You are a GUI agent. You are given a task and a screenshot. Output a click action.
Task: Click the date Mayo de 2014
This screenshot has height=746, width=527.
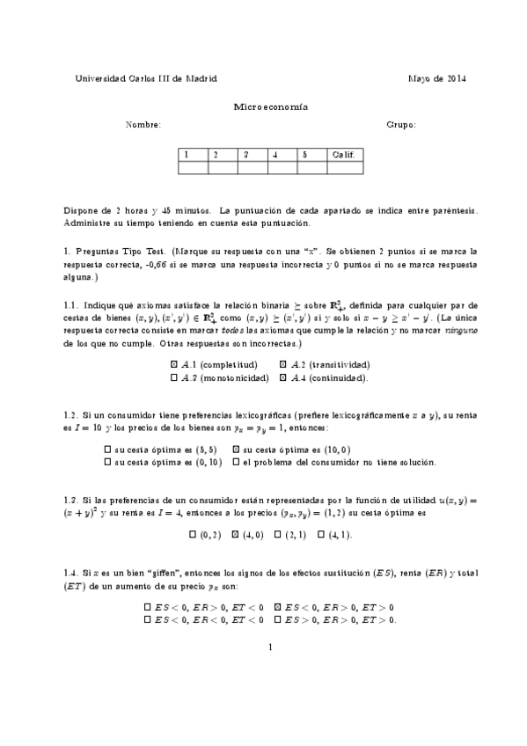pyautogui.click(x=437, y=78)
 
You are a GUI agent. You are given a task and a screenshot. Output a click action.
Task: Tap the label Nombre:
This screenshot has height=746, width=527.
pyautogui.click(x=143, y=125)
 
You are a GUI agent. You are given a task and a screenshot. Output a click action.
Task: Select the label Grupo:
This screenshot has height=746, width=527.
pyautogui.click(x=401, y=125)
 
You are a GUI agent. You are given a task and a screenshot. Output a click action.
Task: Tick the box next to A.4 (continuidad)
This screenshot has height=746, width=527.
pyautogui.click(x=282, y=377)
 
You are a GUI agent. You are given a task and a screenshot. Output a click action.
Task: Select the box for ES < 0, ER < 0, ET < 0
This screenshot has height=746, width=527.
pyautogui.click(x=148, y=619)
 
